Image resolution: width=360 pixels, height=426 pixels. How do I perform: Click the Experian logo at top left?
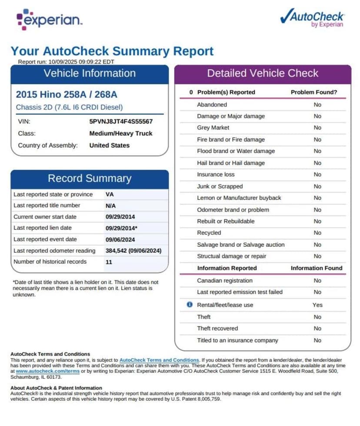tap(49, 19)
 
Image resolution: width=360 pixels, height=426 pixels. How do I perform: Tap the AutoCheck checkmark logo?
tap(312, 18)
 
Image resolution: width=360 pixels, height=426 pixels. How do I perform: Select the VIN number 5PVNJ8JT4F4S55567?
tap(121, 122)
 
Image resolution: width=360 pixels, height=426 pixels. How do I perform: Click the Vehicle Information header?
tap(90, 73)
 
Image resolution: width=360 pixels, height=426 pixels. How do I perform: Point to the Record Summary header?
tap(90, 178)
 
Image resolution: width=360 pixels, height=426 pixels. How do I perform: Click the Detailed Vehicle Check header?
tap(263, 73)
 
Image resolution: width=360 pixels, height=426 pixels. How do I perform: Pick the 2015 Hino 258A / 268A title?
tap(67, 94)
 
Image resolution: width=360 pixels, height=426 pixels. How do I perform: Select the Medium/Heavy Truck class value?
tap(121, 134)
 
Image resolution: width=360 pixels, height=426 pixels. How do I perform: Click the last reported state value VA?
tap(110, 195)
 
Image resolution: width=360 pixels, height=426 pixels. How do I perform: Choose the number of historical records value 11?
tap(109, 262)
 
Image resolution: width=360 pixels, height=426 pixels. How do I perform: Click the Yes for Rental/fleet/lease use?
tap(317, 305)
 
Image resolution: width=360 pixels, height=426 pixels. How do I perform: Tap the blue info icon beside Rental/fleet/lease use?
tap(190, 305)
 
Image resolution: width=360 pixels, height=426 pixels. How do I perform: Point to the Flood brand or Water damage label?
tap(236, 151)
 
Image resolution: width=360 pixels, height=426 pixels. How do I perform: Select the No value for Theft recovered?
tap(317, 329)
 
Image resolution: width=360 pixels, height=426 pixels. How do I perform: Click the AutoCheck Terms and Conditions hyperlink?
tap(159, 360)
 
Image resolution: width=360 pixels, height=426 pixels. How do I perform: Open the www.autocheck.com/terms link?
tap(48, 371)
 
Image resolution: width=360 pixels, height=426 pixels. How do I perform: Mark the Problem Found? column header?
tap(314, 92)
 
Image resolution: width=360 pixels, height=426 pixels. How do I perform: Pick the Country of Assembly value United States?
tap(109, 145)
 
